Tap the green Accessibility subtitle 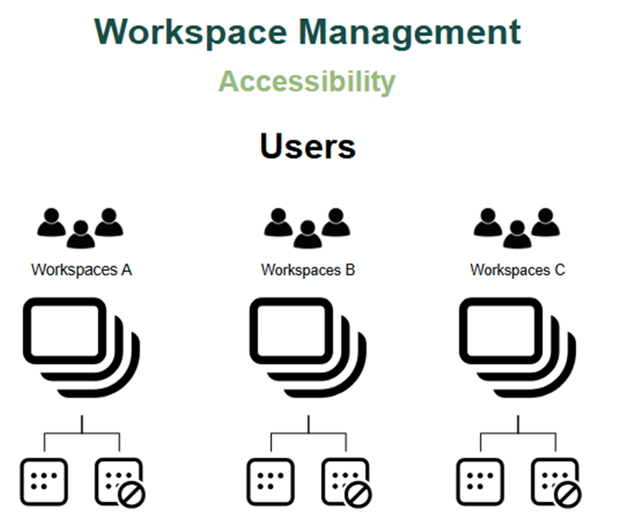coord(307,82)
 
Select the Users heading coord(308,147)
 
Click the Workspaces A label coord(82,270)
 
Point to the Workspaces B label coord(308,270)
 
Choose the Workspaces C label coord(517,270)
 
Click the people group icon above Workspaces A coord(81,228)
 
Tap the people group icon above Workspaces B coord(308,228)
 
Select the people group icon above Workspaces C coord(517,228)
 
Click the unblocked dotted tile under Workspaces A coord(44,481)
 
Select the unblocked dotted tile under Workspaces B coord(271,481)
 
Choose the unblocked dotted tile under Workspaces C coord(480,481)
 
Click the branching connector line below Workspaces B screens coord(309,434)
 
